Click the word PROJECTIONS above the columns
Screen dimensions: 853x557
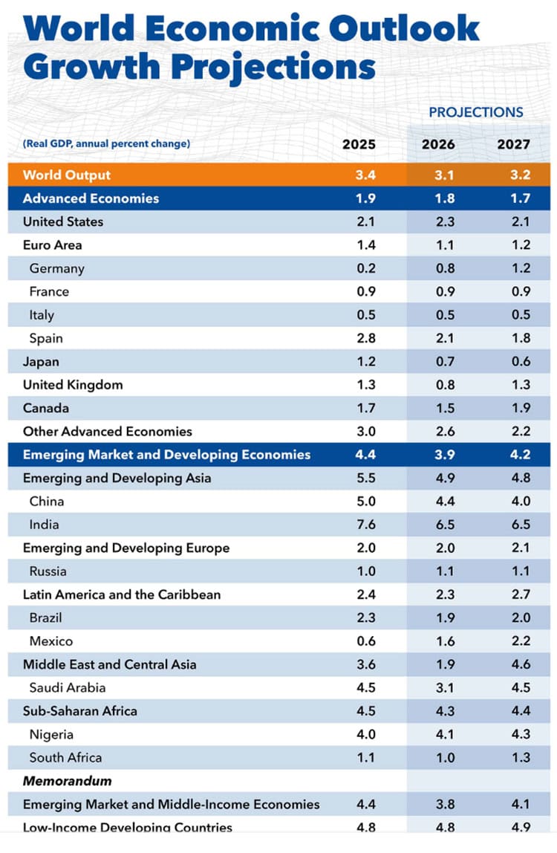(476, 112)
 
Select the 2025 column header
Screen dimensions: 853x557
(359, 144)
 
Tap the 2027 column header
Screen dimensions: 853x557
(514, 144)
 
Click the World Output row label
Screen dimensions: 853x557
(67, 175)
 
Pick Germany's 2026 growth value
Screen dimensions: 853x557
(438, 268)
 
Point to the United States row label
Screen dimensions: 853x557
(63, 221)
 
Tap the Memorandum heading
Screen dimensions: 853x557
(68, 781)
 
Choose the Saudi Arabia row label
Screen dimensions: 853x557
(68, 687)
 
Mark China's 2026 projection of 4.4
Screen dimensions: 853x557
(438, 502)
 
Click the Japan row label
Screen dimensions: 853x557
(42, 362)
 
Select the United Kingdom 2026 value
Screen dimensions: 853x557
(438, 385)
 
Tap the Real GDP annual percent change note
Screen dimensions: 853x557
(106, 143)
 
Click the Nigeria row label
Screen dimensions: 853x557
(51, 734)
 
